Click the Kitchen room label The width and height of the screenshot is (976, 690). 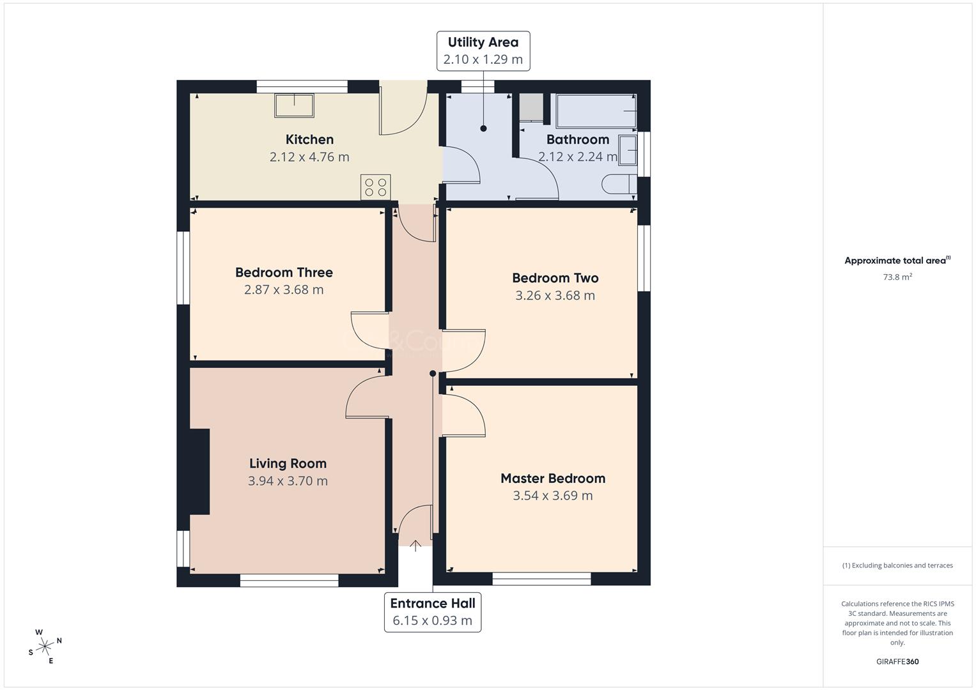point(309,139)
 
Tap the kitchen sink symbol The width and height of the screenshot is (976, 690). point(294,105)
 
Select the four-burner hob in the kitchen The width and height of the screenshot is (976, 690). point(375,187)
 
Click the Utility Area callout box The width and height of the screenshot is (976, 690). point(483,50)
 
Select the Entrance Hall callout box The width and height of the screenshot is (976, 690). point(433,612)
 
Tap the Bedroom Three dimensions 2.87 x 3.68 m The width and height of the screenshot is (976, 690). point(284,290)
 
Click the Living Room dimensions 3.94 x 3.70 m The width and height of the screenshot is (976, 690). point(288,481)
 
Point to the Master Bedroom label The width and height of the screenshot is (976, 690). point(552,478)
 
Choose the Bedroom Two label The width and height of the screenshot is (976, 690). point(555,278)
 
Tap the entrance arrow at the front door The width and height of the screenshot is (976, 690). point(415,546)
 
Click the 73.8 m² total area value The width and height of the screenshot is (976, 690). point(897,277)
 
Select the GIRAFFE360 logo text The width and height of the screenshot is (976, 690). point(897,662)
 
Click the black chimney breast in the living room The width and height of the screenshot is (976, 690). point(199,471)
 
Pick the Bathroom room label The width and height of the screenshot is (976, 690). point(577,139)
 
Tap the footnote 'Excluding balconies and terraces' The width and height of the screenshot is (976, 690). point(897,565)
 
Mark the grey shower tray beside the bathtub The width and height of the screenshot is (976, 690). point(531,107)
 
